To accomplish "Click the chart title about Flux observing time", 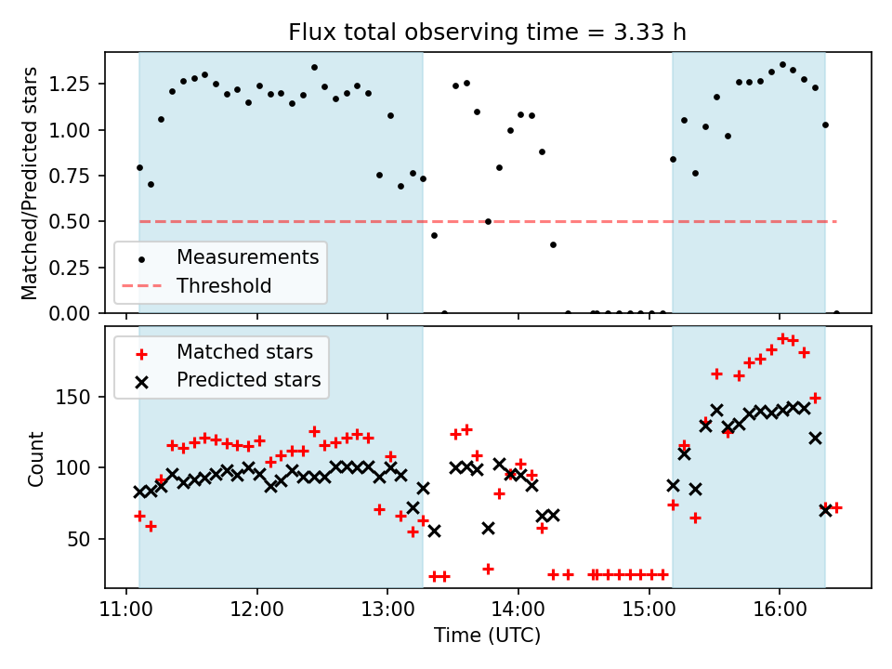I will (488, 33).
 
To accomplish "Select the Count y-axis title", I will (36, 458).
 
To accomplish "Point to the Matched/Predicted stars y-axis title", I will (30, 183).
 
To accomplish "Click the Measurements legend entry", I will (247, 256).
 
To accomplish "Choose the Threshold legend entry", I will (224, 285).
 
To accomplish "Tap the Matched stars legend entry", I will (244, 352).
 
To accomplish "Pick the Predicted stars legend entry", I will (248, 380).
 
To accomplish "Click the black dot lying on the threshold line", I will (488, 221).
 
